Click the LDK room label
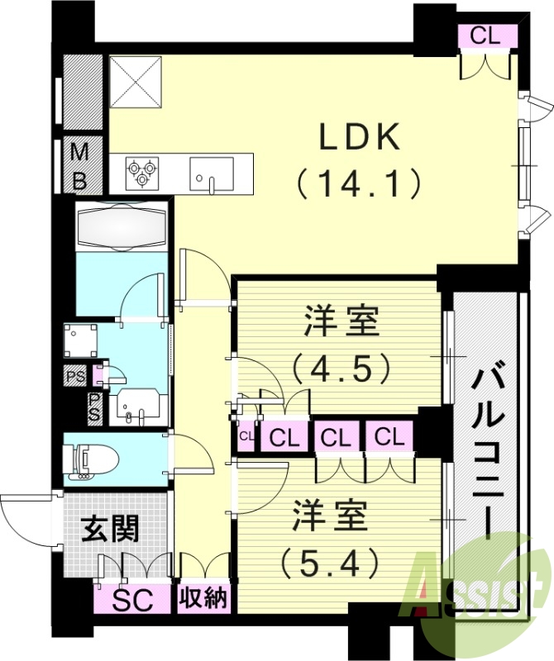pyautogui.click(x=360, y=137)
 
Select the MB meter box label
pyautogui.click(x=80, y=165)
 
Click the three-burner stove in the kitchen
pyautogui.click(x=141, y=172)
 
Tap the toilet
pyautogui.click(x=91, y=460)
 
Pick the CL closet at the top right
pyautogui.click(x=488, y=36)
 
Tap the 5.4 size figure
pyautogui.click(x=329, y=564)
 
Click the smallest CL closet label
pyautogui.click(x=246, y=435)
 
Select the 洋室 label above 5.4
pyautogui.click(x=328, y=518)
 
